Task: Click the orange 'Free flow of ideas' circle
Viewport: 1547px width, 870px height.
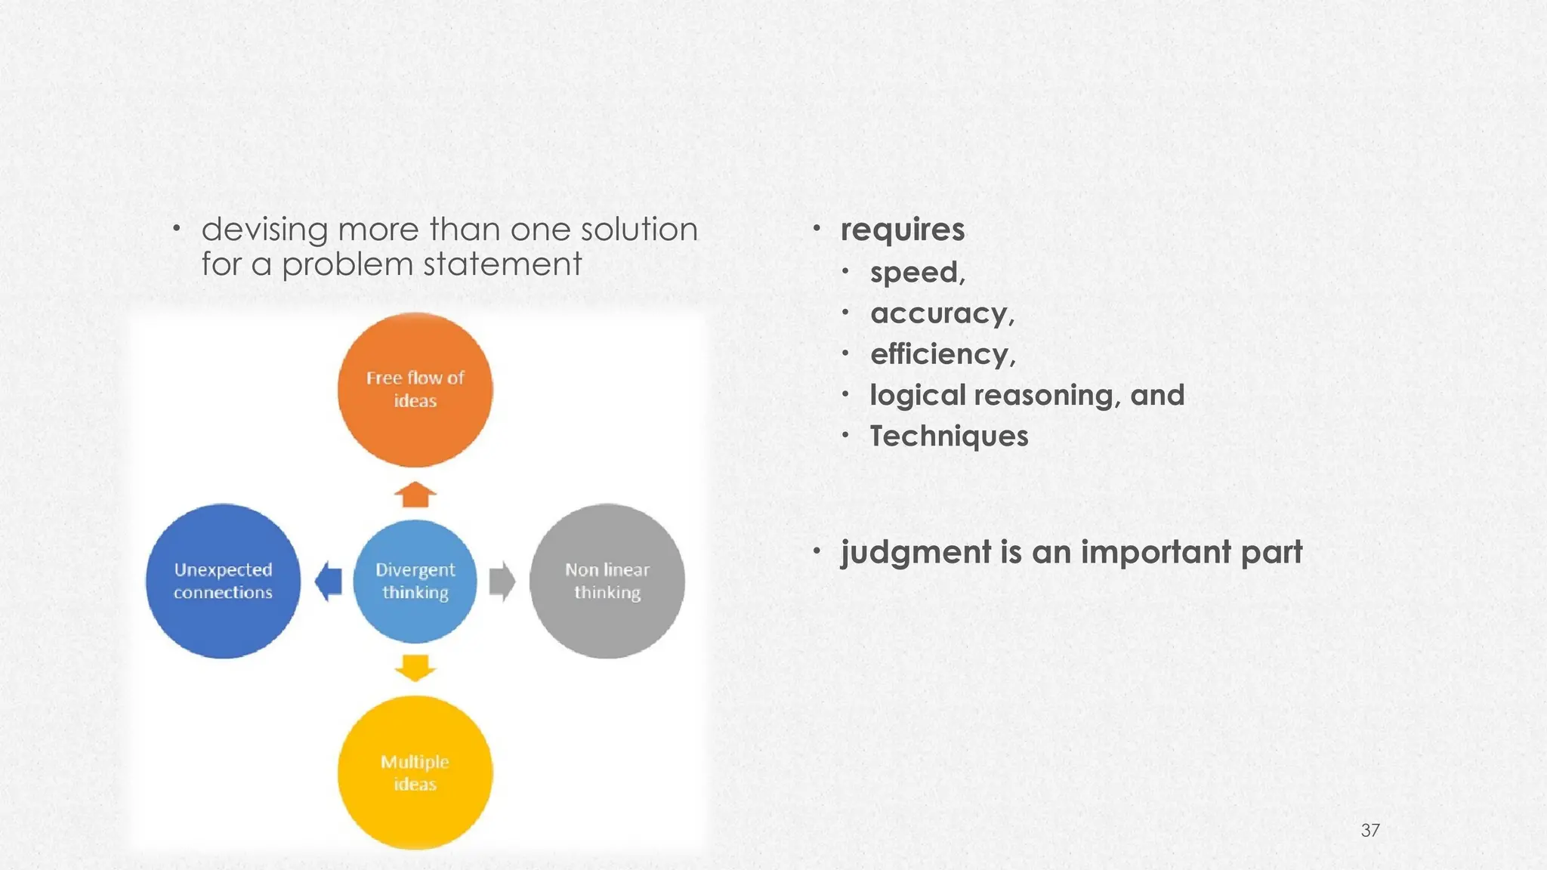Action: pos(415,390)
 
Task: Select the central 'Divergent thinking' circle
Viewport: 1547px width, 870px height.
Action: pos(415,581)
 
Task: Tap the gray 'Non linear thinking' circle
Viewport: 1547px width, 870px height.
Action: pos(607,581)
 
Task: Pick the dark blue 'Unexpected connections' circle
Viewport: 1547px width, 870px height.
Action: pos(223,581)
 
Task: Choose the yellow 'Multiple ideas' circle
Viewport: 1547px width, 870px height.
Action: pos(415,773)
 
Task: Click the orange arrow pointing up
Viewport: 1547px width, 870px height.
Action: pos(415,495)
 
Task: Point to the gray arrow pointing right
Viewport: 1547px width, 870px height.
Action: pos(502,582)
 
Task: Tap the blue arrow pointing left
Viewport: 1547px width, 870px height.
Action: pos(329,582)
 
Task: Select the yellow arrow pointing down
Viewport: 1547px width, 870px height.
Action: pos(415,668)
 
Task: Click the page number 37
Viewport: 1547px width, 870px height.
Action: pos(1370,831)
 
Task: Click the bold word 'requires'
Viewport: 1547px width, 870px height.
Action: pos(902,230)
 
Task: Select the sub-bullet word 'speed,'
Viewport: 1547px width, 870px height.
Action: pos(917,273)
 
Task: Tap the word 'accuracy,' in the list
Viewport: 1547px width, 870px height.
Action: pos(942,313)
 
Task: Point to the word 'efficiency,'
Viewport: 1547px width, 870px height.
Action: pos(943,354)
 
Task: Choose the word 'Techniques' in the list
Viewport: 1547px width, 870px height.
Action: pos(949,437)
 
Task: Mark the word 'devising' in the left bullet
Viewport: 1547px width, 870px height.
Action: pos(264,230)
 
